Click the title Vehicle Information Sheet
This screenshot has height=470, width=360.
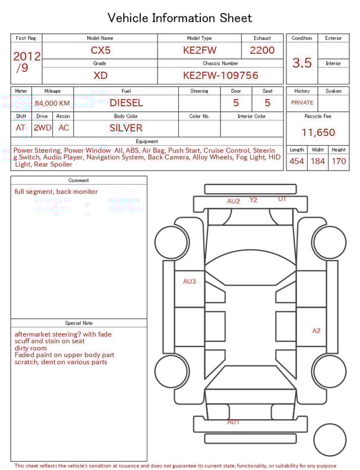click(x=180, y=18)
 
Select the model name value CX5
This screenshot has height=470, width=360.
click(x=101, y=50)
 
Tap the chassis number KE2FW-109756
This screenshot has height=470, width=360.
click(x=220, y=75)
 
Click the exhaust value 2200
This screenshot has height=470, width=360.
click(x=262, y=50)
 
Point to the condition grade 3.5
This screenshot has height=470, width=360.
click(x=302, y=63)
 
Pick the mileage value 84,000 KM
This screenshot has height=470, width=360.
click(x=52, y=104)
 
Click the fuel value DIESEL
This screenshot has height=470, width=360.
click(x=126, y=103)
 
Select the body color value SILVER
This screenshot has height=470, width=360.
click(x=126, y=128)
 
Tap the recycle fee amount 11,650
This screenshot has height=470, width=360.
click(x=318, y=133)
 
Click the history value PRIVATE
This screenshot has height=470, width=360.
click(x=302, y=103)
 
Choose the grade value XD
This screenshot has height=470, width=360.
click(x=101, y=75)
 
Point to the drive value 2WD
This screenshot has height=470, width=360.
click(x=42, y=128)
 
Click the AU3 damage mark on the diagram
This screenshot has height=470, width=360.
click(x=190, y=281)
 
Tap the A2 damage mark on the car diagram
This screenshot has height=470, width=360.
click(x=316, y=331)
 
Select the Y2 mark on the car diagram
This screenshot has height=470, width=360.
click(x=253, y=200)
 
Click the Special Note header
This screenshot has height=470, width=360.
click(x=79, y=323)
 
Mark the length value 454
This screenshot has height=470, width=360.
click(x=296, y=162)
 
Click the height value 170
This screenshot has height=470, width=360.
click(x=339, y=162)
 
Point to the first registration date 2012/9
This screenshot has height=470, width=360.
click(x=26, y=62)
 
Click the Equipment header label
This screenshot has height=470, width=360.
click(x=147, y=141)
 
